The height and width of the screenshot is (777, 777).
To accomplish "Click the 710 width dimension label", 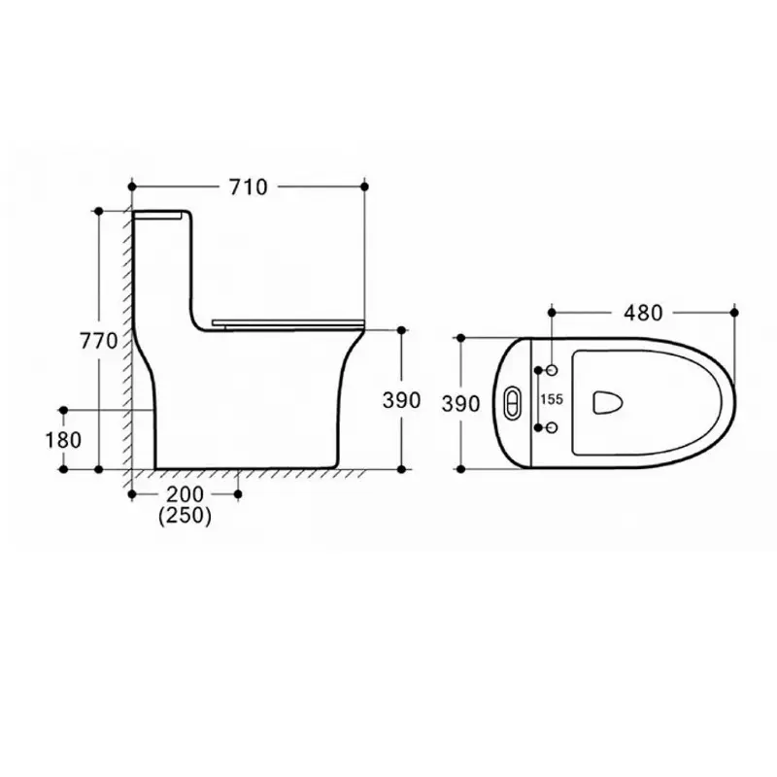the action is (249, 186).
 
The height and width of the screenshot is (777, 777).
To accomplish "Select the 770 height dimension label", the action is (99, 341).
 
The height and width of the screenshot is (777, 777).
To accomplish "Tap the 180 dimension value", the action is (63, 440).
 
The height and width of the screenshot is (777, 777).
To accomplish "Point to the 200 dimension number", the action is (185, 494).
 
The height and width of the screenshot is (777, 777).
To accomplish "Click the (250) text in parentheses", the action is (185, 516).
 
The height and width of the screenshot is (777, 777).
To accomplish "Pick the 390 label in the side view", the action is (401, 400).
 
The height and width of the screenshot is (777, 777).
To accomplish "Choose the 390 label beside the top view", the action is (460, 404).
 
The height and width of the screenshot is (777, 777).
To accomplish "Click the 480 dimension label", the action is (643, 313).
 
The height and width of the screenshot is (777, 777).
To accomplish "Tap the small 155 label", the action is (552, 399).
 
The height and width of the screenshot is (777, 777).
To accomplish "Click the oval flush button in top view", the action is (513, 400).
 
